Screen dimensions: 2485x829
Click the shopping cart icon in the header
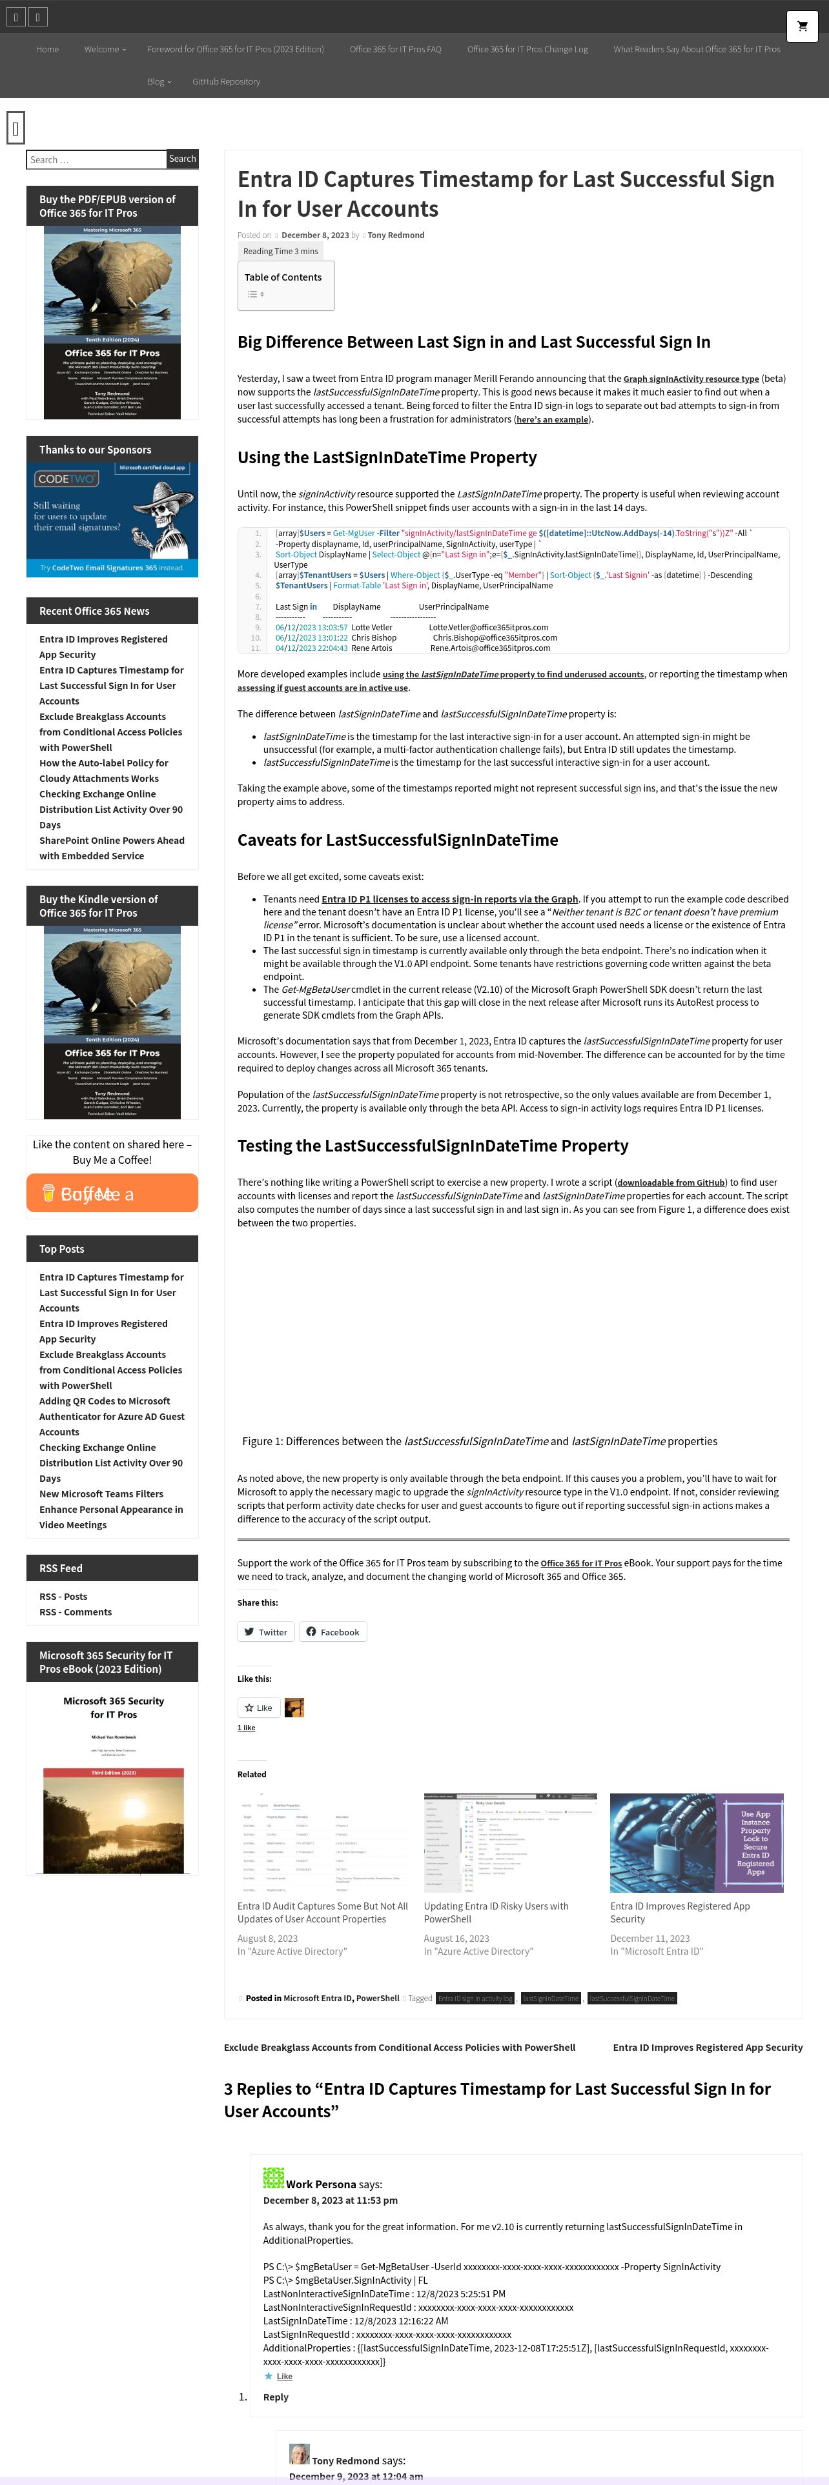[x=801, y=26]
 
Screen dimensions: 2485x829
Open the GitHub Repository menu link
[x=226, y=82]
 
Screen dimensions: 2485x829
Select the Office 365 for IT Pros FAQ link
[x=394, y=49]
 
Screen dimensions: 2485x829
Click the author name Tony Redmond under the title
[x=396, y=235]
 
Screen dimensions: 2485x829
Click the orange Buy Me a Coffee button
[x=112, y=1193]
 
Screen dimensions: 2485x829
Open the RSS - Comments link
[x=76, y=1612]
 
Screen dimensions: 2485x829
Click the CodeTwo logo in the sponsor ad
[x=66, y=479]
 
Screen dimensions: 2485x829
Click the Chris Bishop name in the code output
[x=373, y=637]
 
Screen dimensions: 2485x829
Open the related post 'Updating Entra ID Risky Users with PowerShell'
[x=495, y=1912]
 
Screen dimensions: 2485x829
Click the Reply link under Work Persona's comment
[x=276, y=2397]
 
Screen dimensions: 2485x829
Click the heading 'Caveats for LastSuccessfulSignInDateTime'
[x=398, y=840]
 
